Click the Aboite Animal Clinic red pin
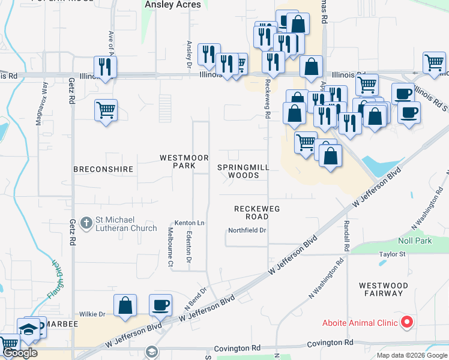407,323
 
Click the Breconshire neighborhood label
103,169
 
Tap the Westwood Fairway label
382,289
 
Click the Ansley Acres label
169,4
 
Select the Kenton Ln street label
190,223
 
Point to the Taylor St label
393,254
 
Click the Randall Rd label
347,235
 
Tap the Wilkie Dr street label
92,314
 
